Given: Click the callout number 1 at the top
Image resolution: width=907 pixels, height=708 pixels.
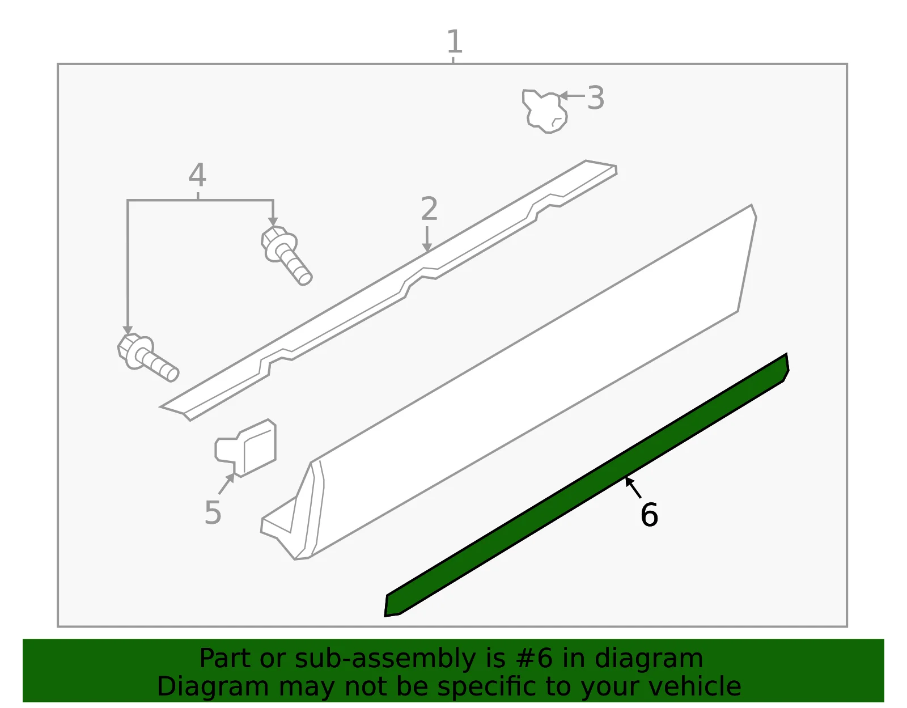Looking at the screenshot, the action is pyautogui.click(x=455, y=41).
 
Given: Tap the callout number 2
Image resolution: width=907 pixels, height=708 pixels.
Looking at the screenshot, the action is pyautogui.click(x=429, y=209).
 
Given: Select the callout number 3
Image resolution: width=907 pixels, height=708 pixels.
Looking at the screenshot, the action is pyautogui.click(x=596, y=98).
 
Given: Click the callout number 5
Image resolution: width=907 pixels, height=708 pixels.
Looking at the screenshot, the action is pyautogui.click(x=213, y=512).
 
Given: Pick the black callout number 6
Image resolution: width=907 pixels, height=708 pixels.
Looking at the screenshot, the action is pyautogui.click(x=649, y=515).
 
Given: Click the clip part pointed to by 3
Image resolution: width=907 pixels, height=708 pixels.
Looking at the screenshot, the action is pyautogui.click(x=544, y=111).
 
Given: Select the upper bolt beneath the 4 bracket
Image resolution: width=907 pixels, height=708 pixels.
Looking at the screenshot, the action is pyautogui.click(x=286, y=255).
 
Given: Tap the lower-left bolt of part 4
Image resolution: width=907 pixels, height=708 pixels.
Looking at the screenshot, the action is pyautogui.click(x=147, y=357).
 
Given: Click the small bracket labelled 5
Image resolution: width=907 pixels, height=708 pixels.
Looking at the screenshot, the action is pyautogui.click(x=246, y=448).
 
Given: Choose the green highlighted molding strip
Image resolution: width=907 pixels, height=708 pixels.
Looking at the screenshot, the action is pyautogui.click(x=587, y=485).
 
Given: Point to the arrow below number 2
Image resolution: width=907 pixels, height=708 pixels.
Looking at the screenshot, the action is pyautogui.click(x=427, y=239).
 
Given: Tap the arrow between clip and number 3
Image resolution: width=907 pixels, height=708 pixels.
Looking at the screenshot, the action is pyautogui.click(x=571, y=96).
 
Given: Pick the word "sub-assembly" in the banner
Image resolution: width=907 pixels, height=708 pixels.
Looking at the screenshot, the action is pyautogui.click(x=385, y=659).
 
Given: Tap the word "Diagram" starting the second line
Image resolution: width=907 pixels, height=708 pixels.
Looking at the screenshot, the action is pyautogui.click(x=213, y=687).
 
